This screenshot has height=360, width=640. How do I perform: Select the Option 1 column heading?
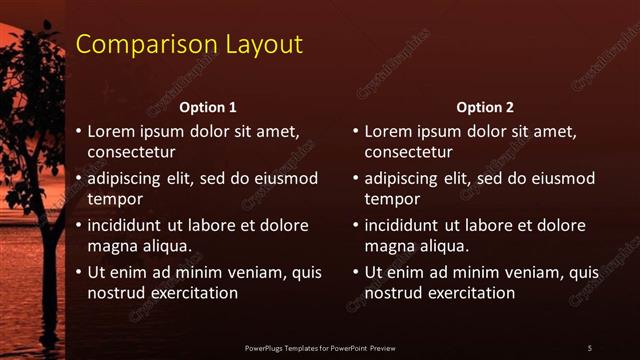208,107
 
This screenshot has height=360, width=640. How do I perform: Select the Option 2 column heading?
485,107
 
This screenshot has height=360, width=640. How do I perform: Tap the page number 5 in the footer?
589,347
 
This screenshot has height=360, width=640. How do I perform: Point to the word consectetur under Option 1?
132,152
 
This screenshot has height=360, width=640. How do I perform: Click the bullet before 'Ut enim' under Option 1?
79,273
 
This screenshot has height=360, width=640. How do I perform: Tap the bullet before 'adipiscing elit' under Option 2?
356,179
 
